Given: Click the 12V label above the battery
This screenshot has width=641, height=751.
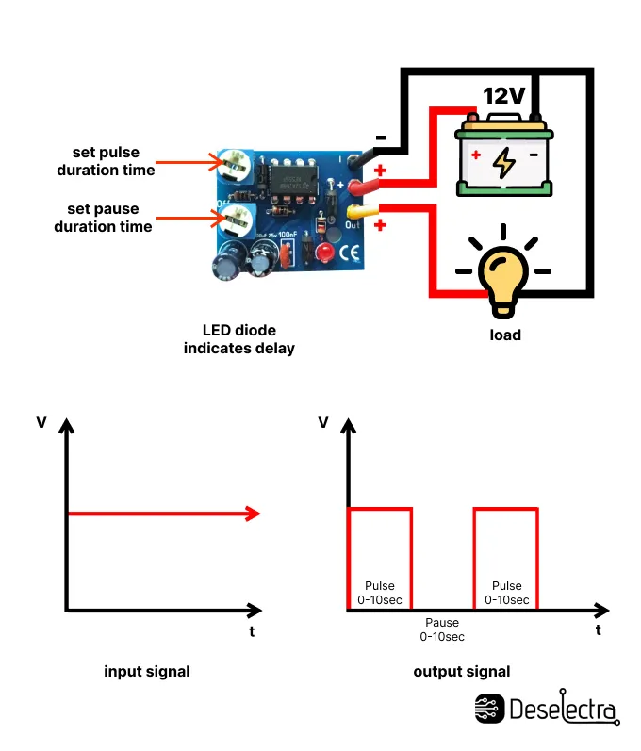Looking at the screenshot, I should [x=504, y=96].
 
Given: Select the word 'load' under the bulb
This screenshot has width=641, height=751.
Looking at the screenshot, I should [x=504, y=335].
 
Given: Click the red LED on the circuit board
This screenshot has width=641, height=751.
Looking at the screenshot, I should [x=323, y=253].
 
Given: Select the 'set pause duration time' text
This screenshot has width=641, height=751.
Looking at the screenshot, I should [x=103, y=218].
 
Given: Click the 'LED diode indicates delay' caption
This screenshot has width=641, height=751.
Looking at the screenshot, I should [x=239, y=339].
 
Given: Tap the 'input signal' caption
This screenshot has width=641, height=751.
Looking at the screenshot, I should [x=147, y=672].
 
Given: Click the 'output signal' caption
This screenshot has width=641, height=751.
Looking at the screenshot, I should [x=462, y=672].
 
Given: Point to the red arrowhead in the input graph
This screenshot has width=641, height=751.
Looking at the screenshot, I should [x=252, y=514].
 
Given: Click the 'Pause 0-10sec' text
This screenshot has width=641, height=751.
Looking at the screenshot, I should [x=442, y=629].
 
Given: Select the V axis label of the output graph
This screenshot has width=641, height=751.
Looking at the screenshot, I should [x=323, y=422].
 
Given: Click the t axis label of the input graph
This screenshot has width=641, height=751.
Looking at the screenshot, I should [x=252, y=631].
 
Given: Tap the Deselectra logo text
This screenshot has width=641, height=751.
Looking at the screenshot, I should [x=563, y=709].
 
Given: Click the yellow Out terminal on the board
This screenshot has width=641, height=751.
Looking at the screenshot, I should [x=356, y=211].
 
